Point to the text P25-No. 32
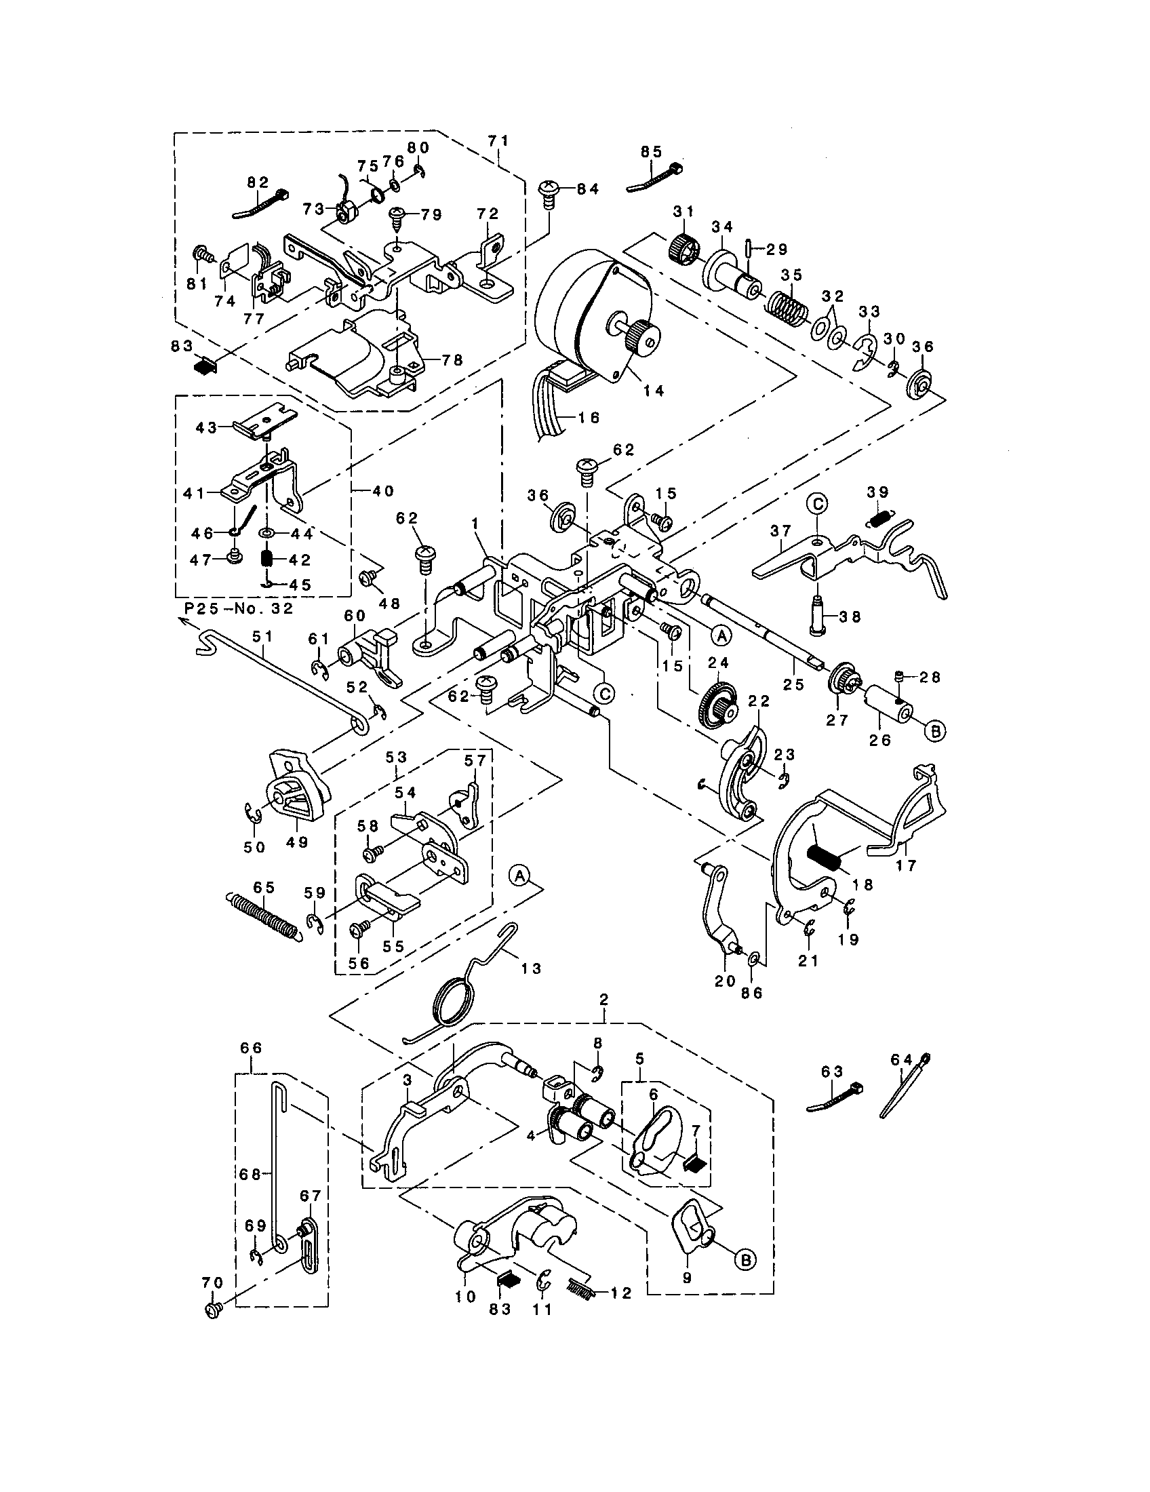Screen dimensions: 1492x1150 tap(238, 609)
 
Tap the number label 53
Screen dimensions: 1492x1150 tap(396, 757)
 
